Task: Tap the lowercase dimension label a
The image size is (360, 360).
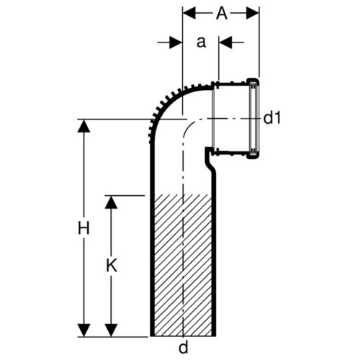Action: coord(202,42)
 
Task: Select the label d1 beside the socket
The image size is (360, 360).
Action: coord(272,117)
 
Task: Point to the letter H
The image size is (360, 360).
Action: coord(84,228)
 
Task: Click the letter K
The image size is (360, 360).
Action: coord(112,266)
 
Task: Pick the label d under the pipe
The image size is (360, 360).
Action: coord(184,347)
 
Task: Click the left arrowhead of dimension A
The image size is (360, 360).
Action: coord(189,13)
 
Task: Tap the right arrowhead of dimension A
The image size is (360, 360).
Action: coord(253,13)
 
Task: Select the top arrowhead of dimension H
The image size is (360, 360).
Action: coord(84,126)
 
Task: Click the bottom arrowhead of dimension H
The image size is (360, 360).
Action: coord(84,330)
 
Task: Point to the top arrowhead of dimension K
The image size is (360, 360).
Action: coord(111,202)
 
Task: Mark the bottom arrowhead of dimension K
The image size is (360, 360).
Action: coord(111,330)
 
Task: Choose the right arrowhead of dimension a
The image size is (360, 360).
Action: coord(225,42)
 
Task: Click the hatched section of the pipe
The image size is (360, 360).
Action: coord(183,265)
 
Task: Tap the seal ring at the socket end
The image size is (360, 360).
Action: coord(253,118)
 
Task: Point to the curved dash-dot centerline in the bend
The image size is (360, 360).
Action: coord(189,125)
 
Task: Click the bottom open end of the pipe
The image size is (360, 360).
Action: coord(183,336)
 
